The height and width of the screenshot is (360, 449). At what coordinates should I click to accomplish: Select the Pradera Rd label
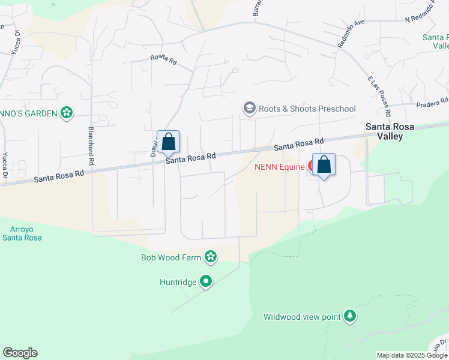point(435,101)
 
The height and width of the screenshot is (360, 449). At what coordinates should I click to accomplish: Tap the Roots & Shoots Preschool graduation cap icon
point(249,109)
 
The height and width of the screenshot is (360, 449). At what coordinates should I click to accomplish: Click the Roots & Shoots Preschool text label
point(307,109)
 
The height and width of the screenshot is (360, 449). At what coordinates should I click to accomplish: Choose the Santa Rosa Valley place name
point(393,131)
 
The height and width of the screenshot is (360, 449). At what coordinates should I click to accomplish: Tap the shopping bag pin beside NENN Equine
point(324,165)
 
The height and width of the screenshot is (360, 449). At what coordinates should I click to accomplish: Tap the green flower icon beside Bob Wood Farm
point(211,257)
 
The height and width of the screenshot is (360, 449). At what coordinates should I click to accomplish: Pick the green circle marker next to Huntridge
point(206,281)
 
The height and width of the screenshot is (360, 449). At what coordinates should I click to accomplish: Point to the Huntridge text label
point(178,281)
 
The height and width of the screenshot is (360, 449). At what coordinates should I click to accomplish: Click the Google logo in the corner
point(20,353)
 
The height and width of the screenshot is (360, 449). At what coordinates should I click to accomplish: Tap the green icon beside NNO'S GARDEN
point(67,112)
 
